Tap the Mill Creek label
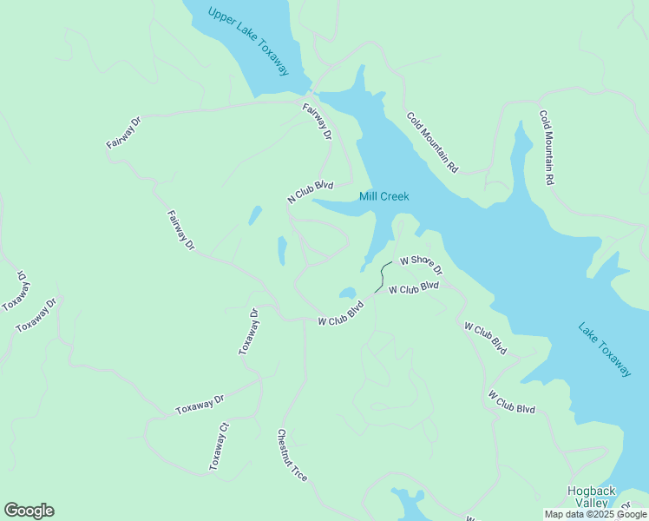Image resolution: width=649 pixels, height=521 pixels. [x=383, y=197]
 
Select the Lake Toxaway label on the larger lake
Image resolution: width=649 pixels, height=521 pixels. [x=605, y=350]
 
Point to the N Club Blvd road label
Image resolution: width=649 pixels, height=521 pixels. [x=311, y=192]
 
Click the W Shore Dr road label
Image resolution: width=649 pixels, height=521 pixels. [x=420, y=264]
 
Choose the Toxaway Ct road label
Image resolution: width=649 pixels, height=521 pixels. [x=219, y=446]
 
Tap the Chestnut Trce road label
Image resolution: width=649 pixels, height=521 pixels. [x=292, y=456]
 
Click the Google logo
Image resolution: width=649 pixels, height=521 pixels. [x=29, y=511]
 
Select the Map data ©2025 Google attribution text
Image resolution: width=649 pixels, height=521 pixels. [x=594, y=514]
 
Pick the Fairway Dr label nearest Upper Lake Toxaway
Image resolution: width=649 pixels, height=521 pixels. [x=317, y=122]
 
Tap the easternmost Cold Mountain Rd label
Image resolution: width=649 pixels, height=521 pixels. [x=546, y=148]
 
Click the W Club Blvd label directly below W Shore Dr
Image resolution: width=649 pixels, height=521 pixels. [x=414, y=288]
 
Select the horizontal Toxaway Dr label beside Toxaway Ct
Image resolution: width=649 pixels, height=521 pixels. [x=200, y=405]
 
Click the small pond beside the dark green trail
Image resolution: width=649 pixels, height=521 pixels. [x=348, y=293]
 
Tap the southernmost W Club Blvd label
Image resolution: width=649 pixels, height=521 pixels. [x=511, y=402]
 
